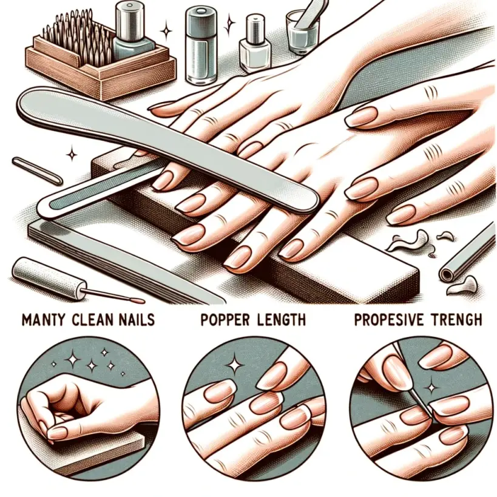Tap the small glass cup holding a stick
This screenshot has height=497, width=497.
point(302,32)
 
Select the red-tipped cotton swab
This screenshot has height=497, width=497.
point(115,296)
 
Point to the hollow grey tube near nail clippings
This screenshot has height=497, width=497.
point(468,253)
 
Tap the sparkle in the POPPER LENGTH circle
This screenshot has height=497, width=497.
point(235,363)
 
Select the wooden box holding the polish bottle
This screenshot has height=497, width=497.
point(101,63)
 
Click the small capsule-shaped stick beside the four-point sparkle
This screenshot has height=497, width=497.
point(37,171)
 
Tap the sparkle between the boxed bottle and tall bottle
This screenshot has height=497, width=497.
point(166,30)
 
